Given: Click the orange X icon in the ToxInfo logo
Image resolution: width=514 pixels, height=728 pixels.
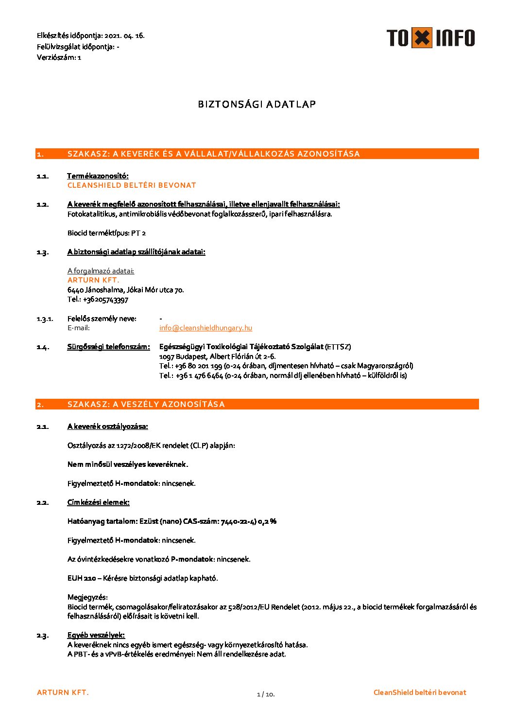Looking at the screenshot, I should pos(422,38).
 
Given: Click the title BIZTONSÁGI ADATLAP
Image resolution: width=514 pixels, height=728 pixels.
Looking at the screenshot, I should pos(257,104).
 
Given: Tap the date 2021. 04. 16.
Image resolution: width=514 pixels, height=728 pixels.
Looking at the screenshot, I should pos(124,36).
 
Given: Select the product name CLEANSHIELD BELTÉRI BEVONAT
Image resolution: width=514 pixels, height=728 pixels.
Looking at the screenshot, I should pos(132,185).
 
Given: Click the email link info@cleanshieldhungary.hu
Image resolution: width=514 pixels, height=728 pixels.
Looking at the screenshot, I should pos(206,328).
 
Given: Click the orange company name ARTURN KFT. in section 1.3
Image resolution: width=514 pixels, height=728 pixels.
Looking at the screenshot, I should pos(93,280).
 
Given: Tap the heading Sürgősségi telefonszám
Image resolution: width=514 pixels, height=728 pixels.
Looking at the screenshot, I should pos(108,347).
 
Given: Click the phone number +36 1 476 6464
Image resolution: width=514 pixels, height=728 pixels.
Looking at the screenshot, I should pos(199,375).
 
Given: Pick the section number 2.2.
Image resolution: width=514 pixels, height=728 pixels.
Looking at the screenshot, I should pos(42,502).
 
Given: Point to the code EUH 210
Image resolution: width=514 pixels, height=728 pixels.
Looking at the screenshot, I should pos(82,578).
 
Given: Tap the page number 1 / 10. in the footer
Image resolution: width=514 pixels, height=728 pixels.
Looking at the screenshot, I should pos(266,694).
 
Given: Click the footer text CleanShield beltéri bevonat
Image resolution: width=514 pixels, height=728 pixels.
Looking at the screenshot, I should pos(420,692).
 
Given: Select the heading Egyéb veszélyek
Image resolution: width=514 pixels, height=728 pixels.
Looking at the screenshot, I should pos(96,635).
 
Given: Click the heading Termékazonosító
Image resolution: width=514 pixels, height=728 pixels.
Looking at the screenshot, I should pos(98,176).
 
